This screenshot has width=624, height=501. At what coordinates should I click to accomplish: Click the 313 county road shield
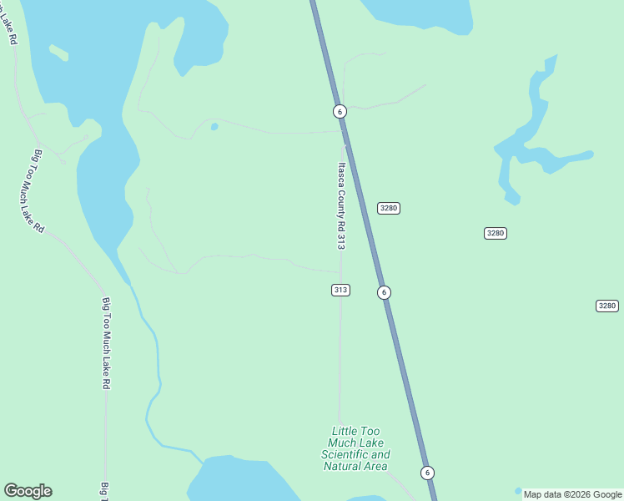(340, 290)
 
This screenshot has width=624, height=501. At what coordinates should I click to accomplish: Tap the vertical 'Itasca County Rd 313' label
(340, 205)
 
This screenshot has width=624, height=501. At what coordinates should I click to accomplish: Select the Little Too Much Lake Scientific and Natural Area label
(355, 448)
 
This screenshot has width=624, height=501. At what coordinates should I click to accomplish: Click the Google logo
(28, 491)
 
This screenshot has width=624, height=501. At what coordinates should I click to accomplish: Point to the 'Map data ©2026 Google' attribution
(572, 494)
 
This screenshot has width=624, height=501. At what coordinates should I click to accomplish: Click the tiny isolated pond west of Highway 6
(214, 127)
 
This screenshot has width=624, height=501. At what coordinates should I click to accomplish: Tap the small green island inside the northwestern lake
(58, 53)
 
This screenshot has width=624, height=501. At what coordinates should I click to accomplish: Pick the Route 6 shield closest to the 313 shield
(384, 292)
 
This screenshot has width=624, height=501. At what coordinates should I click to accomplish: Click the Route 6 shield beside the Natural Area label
(427, 473)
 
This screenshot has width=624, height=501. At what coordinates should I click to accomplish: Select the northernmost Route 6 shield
(339, 111)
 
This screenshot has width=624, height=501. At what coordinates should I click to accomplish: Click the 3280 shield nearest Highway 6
(389, 208)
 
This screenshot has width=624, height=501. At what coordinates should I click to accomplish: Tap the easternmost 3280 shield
(607, 306)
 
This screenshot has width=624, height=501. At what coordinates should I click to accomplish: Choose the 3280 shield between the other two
(496, 233)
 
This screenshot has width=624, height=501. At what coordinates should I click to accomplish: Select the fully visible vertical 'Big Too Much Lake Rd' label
(106, 343)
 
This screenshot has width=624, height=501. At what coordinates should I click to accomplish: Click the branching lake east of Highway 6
(534, 142)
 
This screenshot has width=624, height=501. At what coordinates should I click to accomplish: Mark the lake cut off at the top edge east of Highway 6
(417, 13)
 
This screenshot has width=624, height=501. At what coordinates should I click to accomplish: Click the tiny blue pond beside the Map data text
(518, 491)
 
